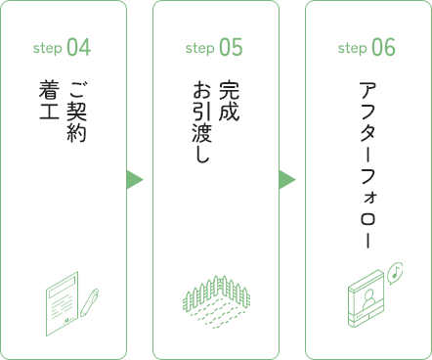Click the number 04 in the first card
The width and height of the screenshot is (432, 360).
point(79,47)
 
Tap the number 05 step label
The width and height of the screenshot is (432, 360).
point(231,47)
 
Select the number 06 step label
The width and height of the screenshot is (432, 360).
point(383,47)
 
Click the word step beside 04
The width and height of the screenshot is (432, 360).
point(48,49)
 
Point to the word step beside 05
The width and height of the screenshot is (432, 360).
point(200,49)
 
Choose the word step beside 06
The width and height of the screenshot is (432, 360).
point(353,49)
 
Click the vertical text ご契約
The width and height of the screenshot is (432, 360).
point(76,112)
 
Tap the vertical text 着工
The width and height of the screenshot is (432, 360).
point(49,100)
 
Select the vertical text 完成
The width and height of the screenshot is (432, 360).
point(229,101)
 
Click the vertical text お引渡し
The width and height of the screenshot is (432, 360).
point(202,121)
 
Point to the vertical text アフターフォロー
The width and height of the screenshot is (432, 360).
point(368,165)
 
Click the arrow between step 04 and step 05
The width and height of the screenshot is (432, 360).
point(135,180)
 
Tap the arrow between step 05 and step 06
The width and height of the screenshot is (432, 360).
point(287,180)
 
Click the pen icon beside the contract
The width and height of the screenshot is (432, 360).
point(90,302)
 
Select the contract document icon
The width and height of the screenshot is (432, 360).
point(63,303)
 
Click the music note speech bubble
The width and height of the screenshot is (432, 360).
point(395,273)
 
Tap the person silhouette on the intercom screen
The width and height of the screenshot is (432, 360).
point(368,300)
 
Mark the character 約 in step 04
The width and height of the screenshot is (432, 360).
point(76,132)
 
